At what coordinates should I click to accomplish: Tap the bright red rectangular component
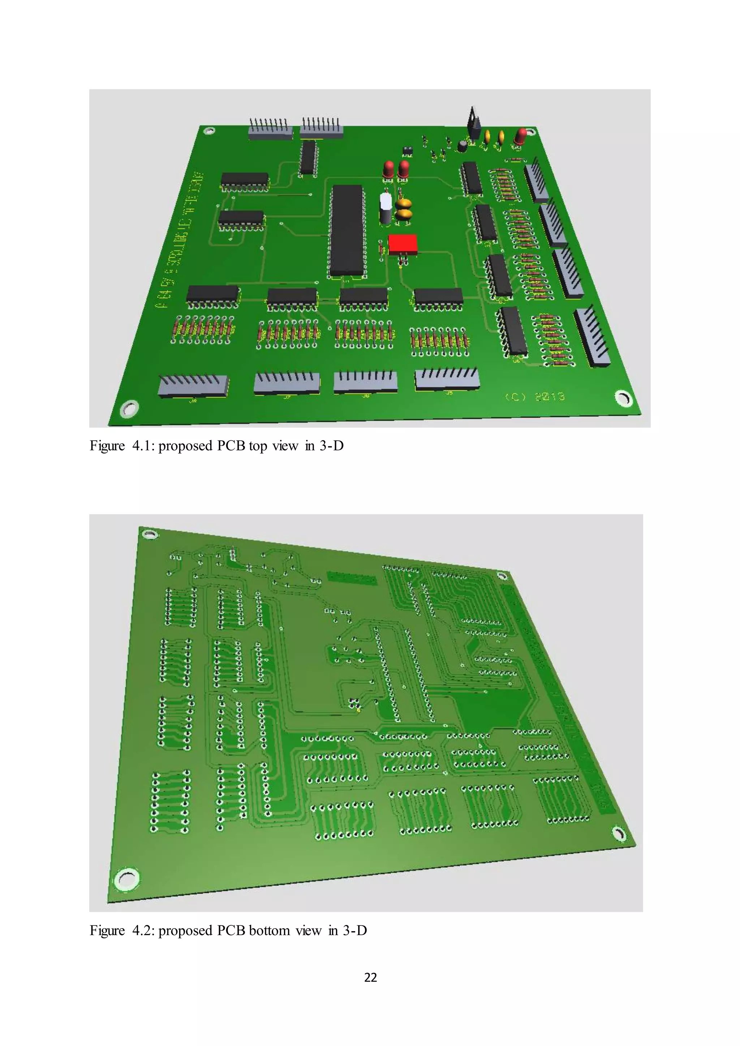(403, 245)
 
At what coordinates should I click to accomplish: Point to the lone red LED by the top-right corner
(520, 137)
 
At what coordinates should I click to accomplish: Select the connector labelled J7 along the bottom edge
(287, 383)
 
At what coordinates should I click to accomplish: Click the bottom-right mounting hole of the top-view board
(624, 398)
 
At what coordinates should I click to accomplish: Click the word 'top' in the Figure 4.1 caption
(258, 446)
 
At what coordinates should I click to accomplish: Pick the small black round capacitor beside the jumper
(462, 146)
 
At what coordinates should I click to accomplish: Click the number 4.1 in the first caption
(142, 446)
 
